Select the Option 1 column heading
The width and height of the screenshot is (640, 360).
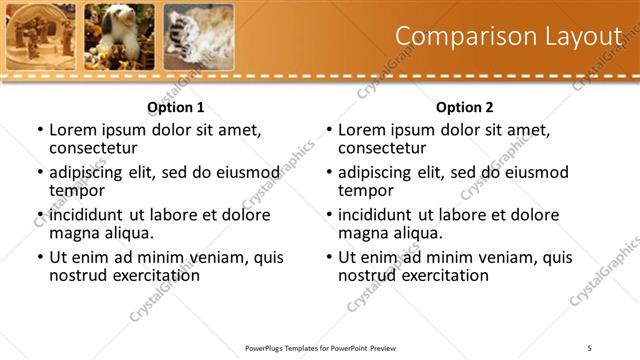(175, 107)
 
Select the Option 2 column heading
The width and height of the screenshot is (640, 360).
(464, 107)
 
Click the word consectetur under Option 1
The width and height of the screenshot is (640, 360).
(92, 148)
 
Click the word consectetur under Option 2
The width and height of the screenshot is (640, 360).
(381, 148)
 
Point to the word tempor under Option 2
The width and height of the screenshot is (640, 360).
(365, 190)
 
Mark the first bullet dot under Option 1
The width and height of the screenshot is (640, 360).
(39, 130)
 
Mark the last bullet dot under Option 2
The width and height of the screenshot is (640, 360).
(328, 257)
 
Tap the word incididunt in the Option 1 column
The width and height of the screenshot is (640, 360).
(88, 215)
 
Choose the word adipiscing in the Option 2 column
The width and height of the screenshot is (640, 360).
(377, 172)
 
